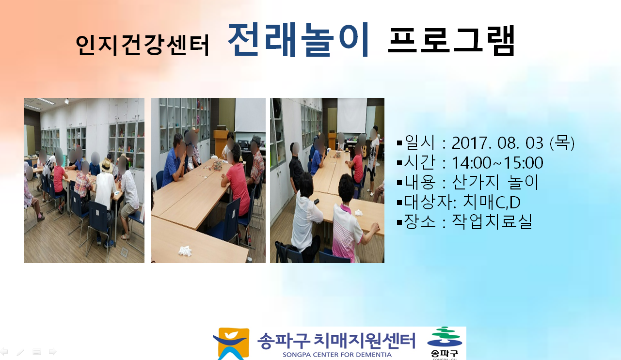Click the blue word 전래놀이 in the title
[299, 40]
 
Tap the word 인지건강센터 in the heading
[142, 45]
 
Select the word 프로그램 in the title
[451, 41]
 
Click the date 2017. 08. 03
[497, 143]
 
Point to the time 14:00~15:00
[497, 163]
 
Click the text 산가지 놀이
[495, 182]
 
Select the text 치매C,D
[492, 202]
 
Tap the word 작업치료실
[492, 222]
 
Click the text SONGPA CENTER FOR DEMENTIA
[337, 355]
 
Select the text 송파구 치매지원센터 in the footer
[336, 341]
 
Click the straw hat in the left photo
[107, 165]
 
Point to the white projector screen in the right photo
[352, 116]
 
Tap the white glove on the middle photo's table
[185, 251]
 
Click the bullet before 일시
[399, 143]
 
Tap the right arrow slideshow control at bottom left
[53, 352]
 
